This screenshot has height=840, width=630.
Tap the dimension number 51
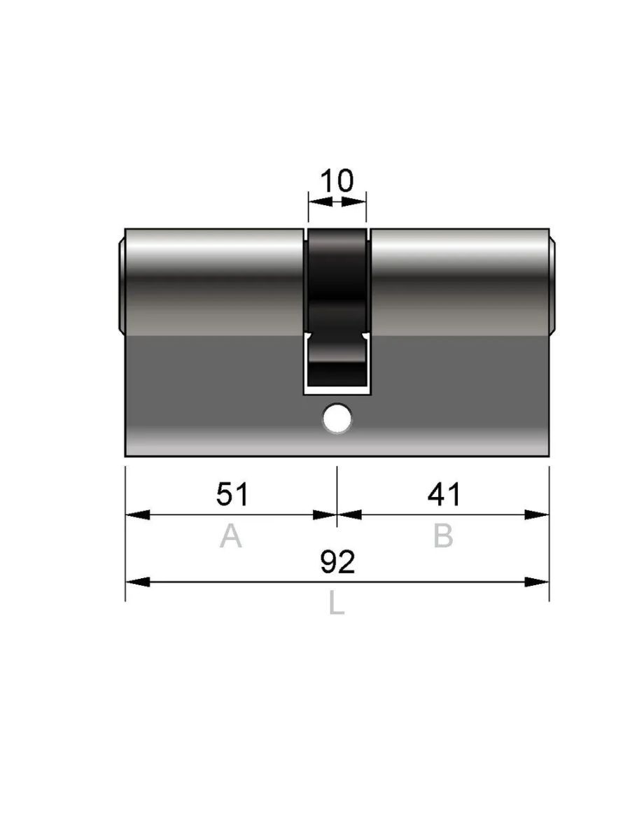point(232,493)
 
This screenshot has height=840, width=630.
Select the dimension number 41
point(443,493)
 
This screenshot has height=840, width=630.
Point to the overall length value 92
point(337,562)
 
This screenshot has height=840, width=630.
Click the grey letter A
point(231,535)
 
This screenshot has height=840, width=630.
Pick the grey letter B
point(443,535)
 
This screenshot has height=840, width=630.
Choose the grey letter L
point(337,603)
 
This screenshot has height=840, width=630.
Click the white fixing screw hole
point(337,419)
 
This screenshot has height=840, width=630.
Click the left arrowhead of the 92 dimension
point(138,582)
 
